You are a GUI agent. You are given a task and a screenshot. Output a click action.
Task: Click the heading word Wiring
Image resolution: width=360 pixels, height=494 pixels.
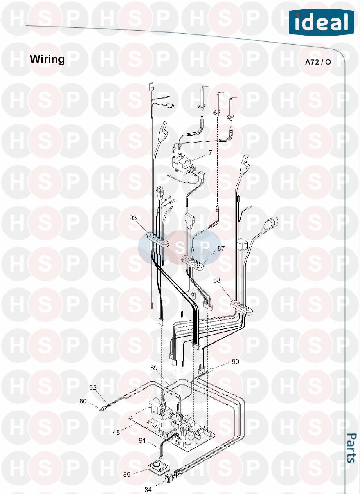(x=47, y=59)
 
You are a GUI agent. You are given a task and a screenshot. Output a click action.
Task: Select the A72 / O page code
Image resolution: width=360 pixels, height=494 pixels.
(x=318, y=62)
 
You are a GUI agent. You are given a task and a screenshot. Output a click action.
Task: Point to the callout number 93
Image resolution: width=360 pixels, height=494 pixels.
(x=133, y=218)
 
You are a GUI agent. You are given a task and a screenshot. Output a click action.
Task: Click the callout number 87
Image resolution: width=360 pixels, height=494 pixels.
(x=221, y=248)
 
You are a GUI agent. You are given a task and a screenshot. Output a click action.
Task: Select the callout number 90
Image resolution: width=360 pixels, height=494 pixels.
(x=235, y=362)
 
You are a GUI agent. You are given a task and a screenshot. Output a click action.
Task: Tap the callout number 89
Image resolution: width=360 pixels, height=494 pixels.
(x=154, y=368)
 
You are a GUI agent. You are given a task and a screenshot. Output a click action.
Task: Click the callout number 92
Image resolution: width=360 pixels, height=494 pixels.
(x=93, y=387)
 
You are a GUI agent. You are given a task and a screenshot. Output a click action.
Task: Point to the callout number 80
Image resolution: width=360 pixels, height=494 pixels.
(x=83, y=401)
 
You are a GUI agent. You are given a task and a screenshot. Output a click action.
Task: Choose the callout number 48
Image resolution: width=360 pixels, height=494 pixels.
(x=116, y=432)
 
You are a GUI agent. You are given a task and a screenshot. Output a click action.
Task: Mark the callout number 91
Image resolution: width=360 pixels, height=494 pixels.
(x=142, y=440)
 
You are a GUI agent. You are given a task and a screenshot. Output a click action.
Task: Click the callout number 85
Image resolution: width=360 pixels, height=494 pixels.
(x=126, y=475)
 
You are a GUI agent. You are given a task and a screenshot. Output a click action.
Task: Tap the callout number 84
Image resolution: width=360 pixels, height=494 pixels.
(x=147, y=489)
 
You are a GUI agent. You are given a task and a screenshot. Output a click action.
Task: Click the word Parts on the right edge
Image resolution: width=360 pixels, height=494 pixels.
(x=351, y=448)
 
